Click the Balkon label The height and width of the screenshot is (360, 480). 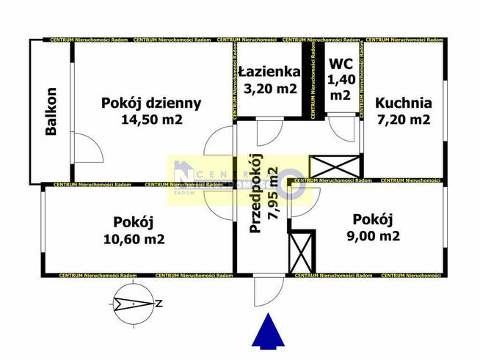51,111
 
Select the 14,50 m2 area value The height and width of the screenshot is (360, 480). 151,119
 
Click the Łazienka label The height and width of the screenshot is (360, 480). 269,72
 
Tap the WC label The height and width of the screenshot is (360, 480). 341,65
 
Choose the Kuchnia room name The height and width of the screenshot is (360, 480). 403,103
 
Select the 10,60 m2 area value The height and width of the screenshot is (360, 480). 134,239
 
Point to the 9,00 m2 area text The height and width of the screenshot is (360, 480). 373,236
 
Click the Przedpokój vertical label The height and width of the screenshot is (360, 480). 255,194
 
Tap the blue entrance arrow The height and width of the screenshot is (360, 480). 268,330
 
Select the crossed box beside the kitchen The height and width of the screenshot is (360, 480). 335,166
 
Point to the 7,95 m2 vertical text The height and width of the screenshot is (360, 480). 273,194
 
